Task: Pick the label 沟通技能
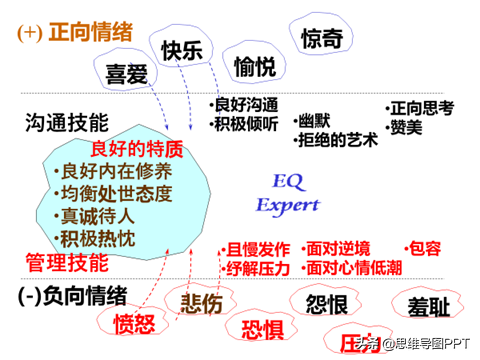[x=67, y=123]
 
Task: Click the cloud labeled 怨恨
[x=332, y=303]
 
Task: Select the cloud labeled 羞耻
[x=428, y=305]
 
